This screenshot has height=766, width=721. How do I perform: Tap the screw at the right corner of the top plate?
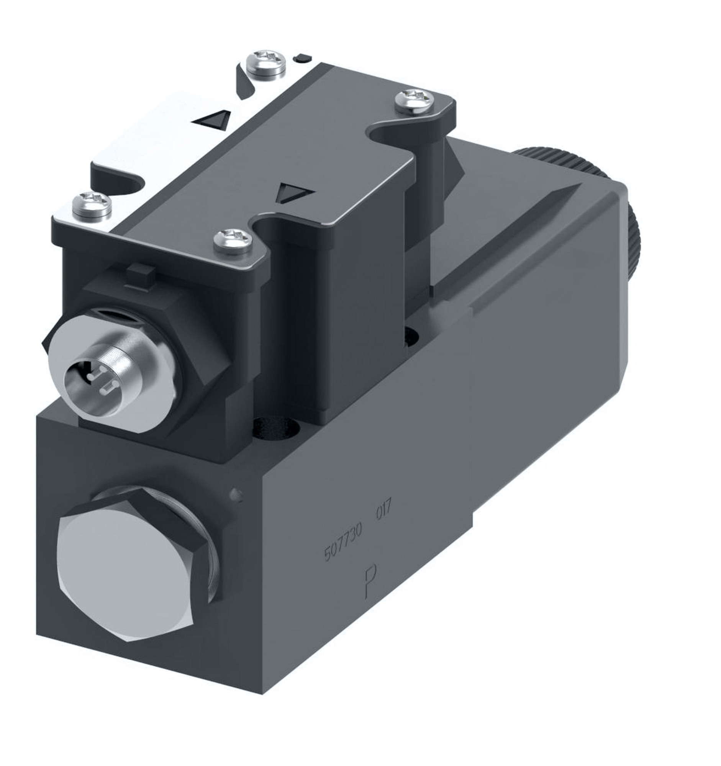click(415, 101)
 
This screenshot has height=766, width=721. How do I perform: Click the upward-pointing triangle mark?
click(212, 120)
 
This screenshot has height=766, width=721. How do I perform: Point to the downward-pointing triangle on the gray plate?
click(294, 192)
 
